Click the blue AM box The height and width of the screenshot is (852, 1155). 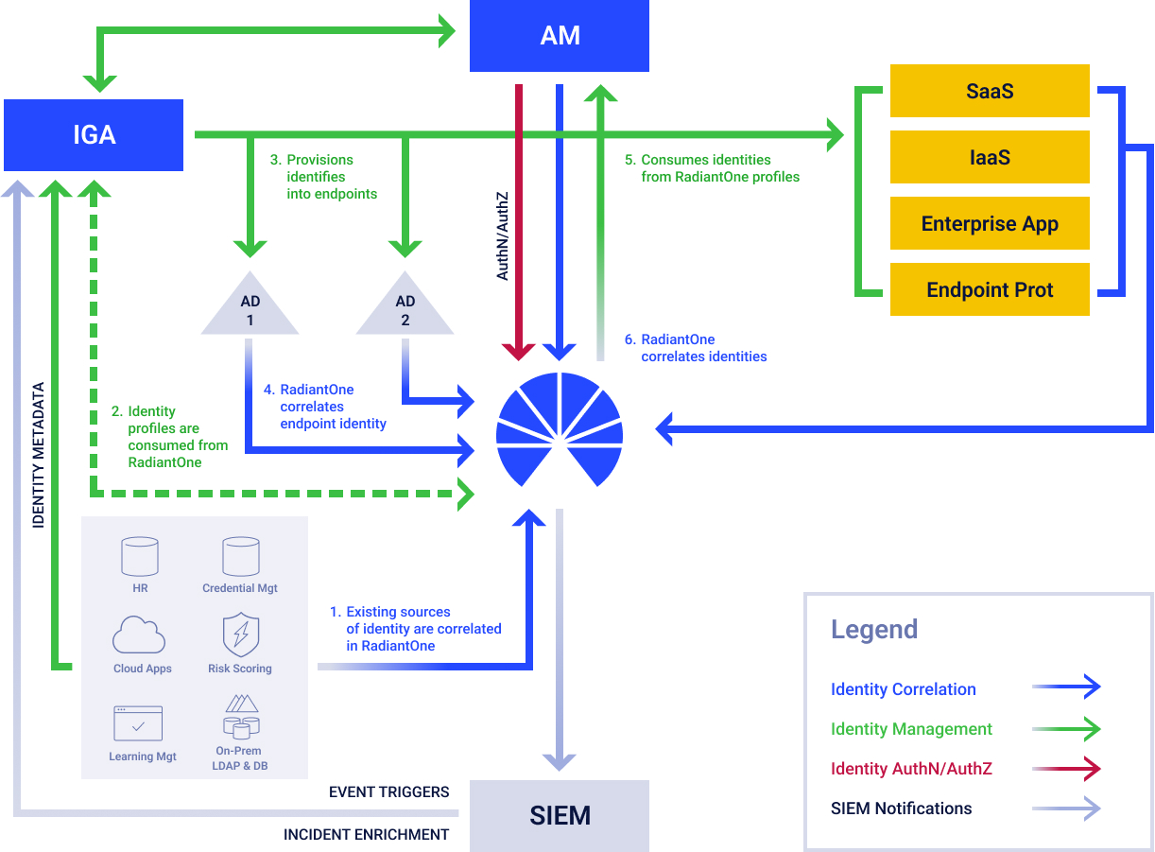(x=560, y=36)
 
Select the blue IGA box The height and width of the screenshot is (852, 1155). (x=94, y=134)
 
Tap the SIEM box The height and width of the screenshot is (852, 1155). (x=560, y=815)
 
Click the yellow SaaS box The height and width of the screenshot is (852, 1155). (x=990, y=91)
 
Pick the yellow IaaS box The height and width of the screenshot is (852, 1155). (x=990, y=157)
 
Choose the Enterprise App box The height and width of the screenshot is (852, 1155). (x=990, y=224)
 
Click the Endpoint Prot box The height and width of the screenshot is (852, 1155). (x=990, y=290)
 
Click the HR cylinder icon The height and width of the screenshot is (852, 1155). (x=140, y=557)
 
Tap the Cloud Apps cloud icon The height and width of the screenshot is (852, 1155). (x=140, y=635)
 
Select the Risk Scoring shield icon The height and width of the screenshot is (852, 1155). (x=240, y=635)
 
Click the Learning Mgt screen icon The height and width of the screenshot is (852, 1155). (x=138, y=723)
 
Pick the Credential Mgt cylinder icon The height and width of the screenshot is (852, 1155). (x=240, y=557)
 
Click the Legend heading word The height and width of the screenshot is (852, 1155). (x=873, y=630)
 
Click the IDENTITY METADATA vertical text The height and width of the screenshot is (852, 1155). (x=39, y=455)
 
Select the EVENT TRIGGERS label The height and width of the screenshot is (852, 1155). (x=388, y=791)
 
